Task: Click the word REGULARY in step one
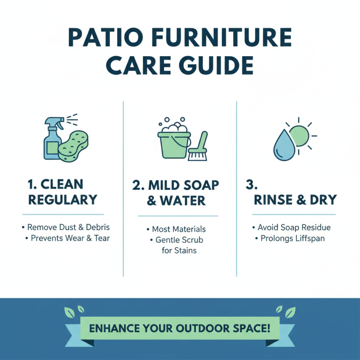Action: [63, 199]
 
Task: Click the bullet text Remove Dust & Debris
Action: [68, 227]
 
